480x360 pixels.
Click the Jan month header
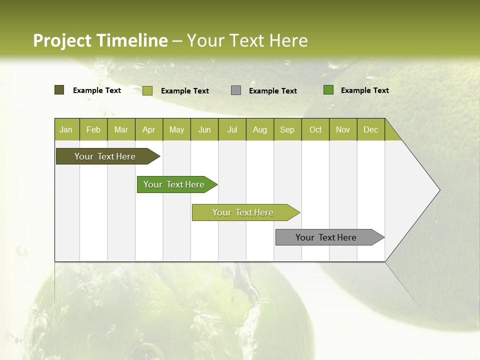66,129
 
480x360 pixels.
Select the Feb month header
93,129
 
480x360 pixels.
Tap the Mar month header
121,129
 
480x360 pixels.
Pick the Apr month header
149,129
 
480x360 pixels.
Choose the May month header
176,129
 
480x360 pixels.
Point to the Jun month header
204,129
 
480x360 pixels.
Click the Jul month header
232,129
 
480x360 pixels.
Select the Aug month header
260,129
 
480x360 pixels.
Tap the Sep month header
287,129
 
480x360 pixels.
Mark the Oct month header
315,129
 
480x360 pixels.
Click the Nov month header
343,129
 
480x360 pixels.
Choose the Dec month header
370,129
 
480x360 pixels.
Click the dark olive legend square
59,90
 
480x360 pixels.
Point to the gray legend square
236,90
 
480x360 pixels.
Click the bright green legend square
328,90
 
